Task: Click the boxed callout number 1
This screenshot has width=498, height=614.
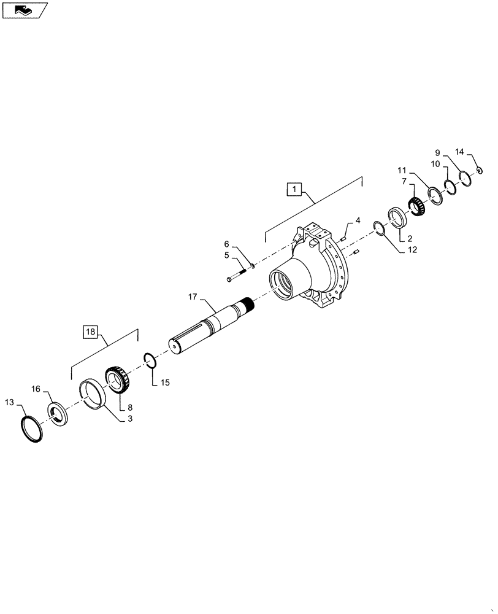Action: (x=294, y=189)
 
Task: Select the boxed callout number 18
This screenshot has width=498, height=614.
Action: (x=91, y=332)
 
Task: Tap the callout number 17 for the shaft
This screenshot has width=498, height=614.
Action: (x=193, y=297)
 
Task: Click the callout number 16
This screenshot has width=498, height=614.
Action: (x=36, y=389)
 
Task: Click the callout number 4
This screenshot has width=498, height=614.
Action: (x=358, y=219)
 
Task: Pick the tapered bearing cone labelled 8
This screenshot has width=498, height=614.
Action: (x=118, y=379)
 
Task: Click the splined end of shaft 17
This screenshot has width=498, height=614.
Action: (x=248, y=303)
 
